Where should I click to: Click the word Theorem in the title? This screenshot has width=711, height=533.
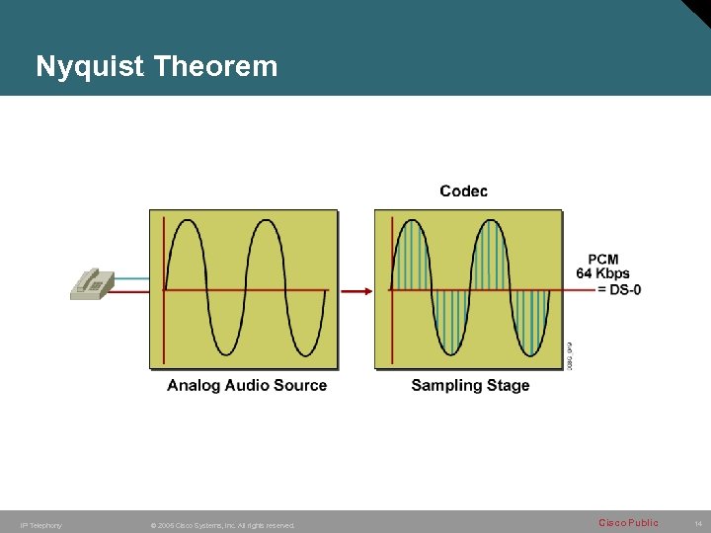[216, 66]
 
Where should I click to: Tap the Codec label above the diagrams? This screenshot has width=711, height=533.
[463, 190]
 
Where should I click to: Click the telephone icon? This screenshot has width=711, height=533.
[91, 282]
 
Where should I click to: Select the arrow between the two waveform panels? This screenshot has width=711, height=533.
[356, 290]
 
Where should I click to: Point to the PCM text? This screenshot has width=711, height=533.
[602, 260]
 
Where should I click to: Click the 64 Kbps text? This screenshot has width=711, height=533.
[602, 273]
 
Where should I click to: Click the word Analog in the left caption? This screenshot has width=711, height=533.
[194, 386]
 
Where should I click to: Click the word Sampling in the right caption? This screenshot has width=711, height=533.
[445, 386]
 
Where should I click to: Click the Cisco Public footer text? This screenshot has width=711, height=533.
[628, 523]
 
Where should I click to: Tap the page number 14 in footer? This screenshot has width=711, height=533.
[697, 524]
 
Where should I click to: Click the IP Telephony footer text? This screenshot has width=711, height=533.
[40, 525]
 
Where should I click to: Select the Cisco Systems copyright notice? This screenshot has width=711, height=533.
[222, 525]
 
